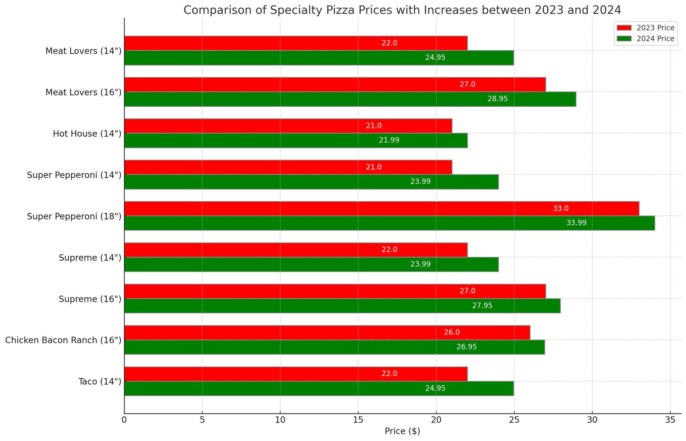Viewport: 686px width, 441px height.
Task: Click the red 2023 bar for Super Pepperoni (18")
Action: coord(382,208)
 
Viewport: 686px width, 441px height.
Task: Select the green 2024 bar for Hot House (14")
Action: coord(296,140)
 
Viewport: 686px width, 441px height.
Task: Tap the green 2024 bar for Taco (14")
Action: coord(319,388)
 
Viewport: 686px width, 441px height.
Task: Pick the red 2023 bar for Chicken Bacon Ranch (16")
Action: coord(327,332)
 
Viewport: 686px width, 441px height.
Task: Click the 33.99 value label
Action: coord(576,223)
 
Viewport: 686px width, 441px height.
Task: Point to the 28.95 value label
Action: coord(498,99)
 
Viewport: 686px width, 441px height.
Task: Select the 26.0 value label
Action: coord(452,332)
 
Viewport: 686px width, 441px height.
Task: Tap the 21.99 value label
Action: coord(389,140)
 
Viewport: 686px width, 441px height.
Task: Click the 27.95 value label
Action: coord(482,306)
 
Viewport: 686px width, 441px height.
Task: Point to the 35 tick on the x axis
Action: coord(670,420)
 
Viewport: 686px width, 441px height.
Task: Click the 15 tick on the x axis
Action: coord(358,420)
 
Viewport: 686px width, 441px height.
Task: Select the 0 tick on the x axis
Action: coord(124,420)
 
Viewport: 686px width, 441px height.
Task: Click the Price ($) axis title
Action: coord(402,432)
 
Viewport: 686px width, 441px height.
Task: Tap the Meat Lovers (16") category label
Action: coord(83,92)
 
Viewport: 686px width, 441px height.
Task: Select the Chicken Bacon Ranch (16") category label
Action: coord(63,340)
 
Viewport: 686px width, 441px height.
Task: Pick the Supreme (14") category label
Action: coord(90,258)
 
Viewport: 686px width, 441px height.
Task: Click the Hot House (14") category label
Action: coord(87,134)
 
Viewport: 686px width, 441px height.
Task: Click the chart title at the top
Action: coord(402,10)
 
